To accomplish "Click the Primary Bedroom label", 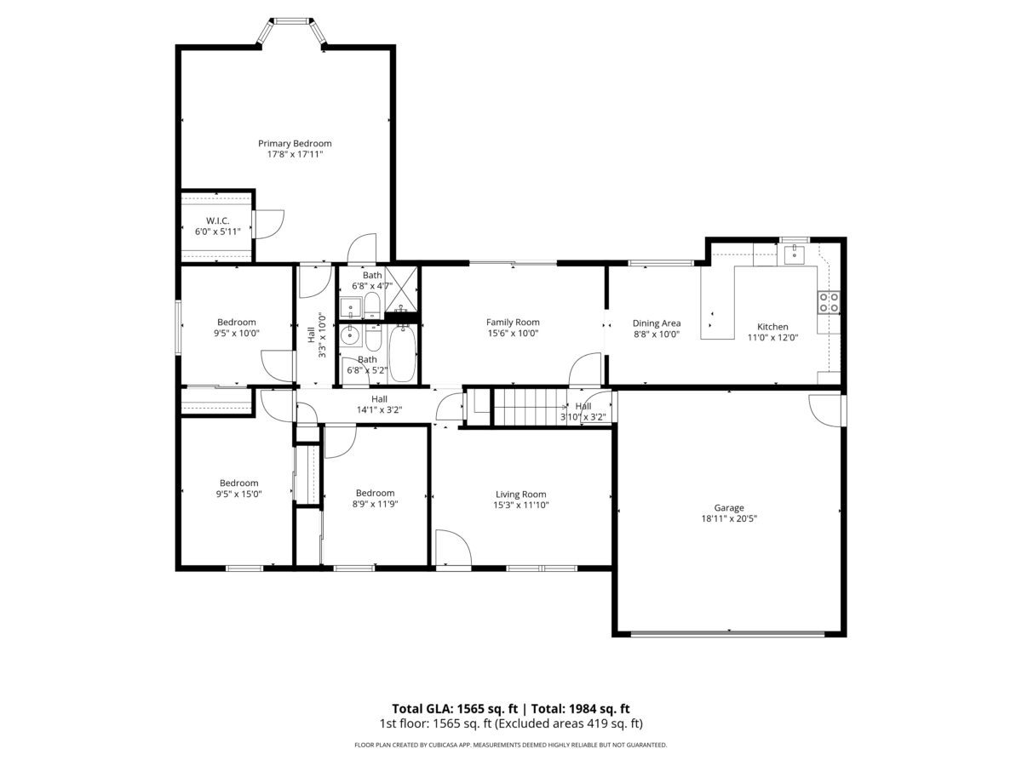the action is [x=295, y=144].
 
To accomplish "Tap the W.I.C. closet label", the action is [x=217, y=220].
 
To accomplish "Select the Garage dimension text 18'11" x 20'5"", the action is [x=729, y=518].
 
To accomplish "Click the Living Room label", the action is [x=520, y=494].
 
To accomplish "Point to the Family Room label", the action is [x=513, y=323].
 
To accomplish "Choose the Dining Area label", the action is [x=657, y=323].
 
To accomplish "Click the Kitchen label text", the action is [x=772, y=327].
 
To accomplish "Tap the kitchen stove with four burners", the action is [x=829, y=302].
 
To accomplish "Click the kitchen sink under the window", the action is [x=795, y=254].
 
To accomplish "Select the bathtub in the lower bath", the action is [x=402, y=352].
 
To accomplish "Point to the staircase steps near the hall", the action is [x=531, y=408].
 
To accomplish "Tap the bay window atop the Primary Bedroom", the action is [x=291, y=31].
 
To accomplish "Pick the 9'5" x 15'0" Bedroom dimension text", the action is [x=238, y=494].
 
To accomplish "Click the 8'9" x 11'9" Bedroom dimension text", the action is [x=376, y=504].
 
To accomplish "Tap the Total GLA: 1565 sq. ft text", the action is [x=455, y=708].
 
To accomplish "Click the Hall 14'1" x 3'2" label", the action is [x=379, y=404].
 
